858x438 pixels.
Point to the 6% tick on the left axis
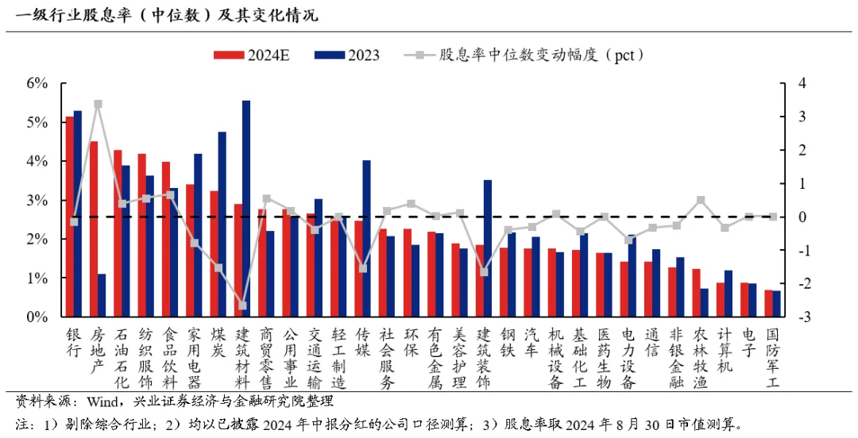(37, 83)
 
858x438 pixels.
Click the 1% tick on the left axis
(37, 279)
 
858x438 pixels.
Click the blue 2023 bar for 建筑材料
(246, 209)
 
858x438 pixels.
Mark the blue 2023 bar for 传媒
(366, 238)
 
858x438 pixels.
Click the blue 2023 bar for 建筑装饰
(487, 248)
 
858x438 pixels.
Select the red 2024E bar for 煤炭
(214, 254)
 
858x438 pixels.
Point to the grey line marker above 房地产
(98, 104)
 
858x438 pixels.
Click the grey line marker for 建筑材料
(242, 305)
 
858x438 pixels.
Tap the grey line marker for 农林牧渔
(700, 200)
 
